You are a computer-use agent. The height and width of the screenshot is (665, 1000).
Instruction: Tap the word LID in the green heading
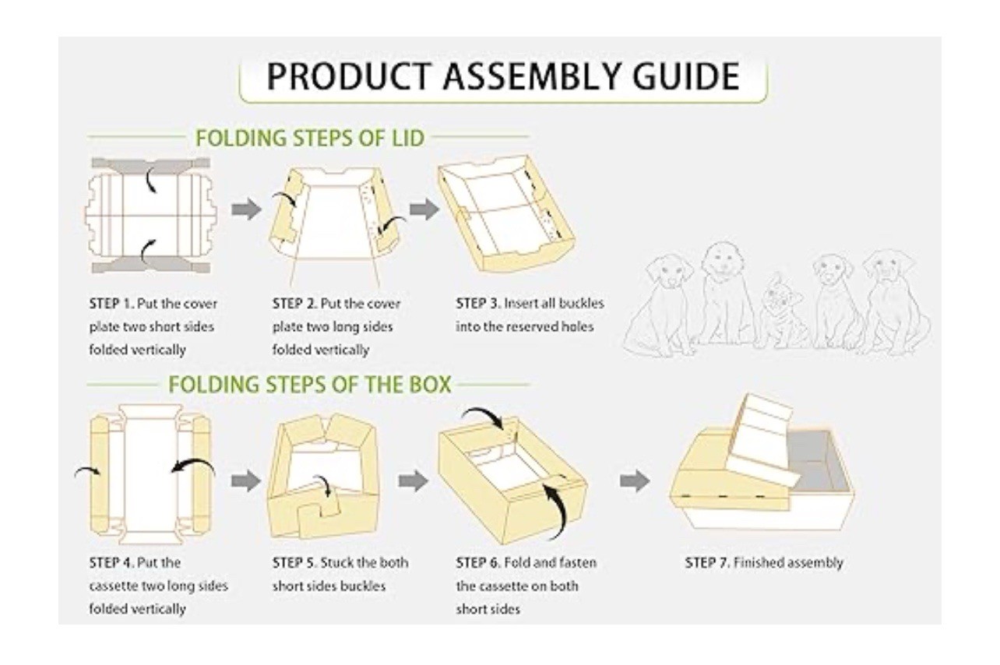pos(402,138)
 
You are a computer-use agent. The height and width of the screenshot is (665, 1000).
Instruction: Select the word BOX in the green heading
pos(429,384)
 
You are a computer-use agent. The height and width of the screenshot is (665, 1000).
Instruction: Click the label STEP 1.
pos(111,304)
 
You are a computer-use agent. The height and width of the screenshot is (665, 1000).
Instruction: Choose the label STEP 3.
pos(478,304)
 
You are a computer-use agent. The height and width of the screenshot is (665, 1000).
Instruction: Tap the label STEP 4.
pos(111,562)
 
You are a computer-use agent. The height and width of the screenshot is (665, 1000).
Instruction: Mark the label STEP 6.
pos(478,562)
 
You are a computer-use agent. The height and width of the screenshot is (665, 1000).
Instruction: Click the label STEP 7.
pos(708,562)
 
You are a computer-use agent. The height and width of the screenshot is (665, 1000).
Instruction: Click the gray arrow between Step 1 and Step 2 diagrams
pos(246,209)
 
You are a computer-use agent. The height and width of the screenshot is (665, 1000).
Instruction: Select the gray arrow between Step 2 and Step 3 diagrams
pos(424,209)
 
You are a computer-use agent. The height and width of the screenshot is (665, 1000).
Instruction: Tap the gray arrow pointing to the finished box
pos(635,480)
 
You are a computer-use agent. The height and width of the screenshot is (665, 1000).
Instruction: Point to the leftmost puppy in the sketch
pos(660,306)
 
